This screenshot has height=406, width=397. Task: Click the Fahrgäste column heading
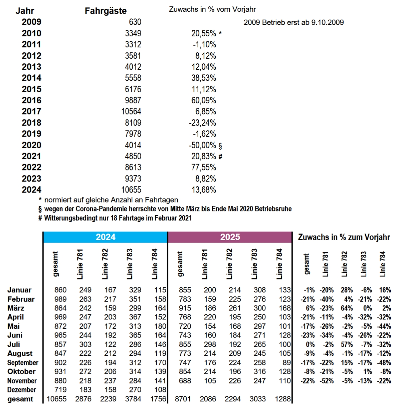106,11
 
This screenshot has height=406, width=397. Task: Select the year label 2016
31,100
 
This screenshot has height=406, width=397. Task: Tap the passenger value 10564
131,112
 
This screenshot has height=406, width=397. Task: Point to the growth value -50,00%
202,145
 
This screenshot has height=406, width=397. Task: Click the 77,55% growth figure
204,168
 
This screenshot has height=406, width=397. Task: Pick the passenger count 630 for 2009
135,22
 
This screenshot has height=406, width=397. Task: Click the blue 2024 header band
105,237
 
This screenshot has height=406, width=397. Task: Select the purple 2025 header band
230,237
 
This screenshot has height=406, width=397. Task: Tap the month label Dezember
22,390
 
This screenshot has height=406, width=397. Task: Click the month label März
16,308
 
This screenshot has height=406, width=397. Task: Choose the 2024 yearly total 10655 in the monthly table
57,399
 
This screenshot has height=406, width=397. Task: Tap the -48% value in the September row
384,363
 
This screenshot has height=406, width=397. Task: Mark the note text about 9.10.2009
294,22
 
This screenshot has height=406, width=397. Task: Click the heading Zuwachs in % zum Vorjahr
344,237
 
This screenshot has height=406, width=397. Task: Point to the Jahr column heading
25,11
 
